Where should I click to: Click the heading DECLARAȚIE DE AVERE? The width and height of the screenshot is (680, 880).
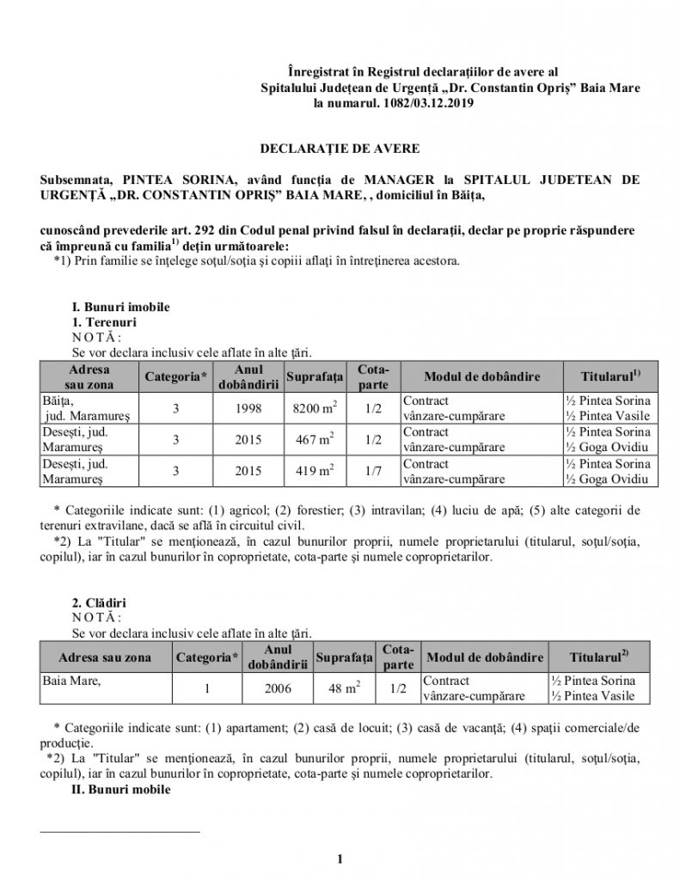340,149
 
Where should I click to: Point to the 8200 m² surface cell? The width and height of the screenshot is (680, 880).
314,408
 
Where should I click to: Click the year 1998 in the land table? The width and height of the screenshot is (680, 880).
248,408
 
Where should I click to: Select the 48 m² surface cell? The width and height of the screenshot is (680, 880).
343,688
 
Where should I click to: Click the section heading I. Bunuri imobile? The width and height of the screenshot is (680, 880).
120,307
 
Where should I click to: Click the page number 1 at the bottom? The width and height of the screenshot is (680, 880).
340,858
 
